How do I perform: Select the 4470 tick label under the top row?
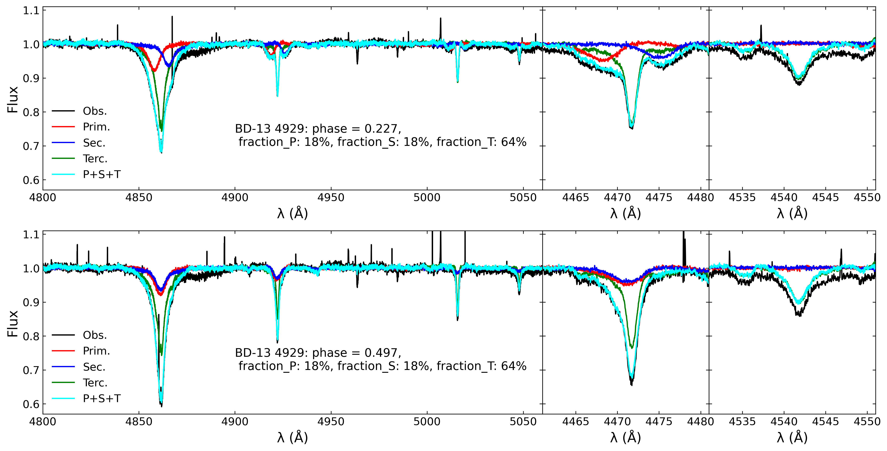click(x=617, y=197)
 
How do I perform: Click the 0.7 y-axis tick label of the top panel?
click(x=31, y=146)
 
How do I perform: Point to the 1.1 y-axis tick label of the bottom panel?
click(x=31, y=235)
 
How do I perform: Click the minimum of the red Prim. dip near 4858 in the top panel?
click(x=154, y=71)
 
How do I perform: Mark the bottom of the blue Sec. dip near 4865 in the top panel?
click(x=168, y=65)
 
